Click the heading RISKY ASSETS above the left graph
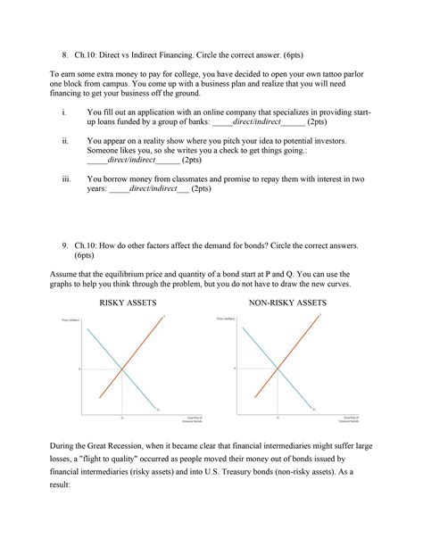(129, 303)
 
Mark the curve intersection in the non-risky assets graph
(278, 368)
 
